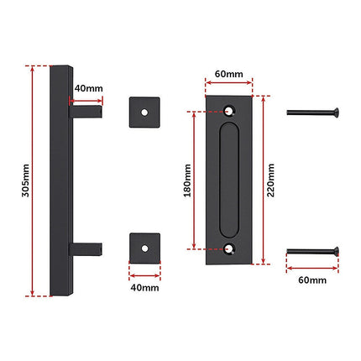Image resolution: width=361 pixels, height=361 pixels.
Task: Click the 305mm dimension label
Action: click(x=25, y=180)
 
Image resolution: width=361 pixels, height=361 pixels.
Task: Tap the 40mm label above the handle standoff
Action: click(x=88, y=88)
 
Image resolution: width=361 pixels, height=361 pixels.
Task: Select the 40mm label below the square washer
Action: click(x=144, y=288)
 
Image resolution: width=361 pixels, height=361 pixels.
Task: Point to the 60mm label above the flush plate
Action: click(x=229, y=74)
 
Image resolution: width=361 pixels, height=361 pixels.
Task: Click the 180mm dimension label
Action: click(x=187, y=180)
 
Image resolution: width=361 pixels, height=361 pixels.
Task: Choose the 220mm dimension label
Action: click(x=270, y=180)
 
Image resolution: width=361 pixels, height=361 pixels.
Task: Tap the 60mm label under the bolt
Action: click(x=312, y=280)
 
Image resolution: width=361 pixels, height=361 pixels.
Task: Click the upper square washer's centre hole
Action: click(x=144, y=112)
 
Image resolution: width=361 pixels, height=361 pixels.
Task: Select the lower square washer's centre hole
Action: click(x=144, y=249)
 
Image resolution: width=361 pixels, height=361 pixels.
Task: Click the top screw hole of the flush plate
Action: click(x=229, y=110)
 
